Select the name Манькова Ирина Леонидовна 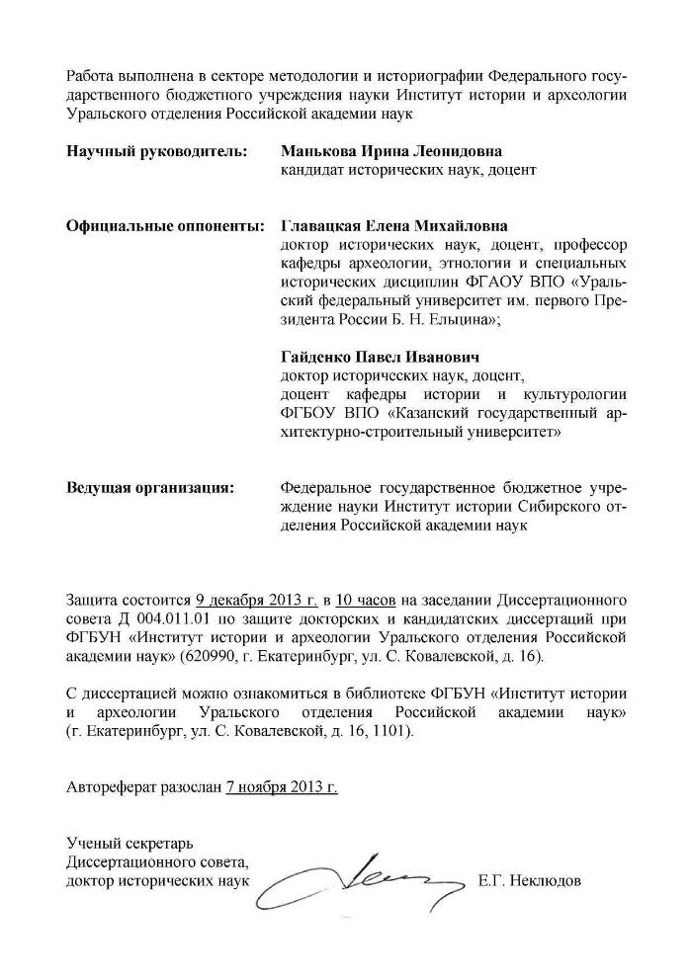pyautogui.click(x=390, y=152)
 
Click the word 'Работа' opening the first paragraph pyautogui.click(x=90, y=77)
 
